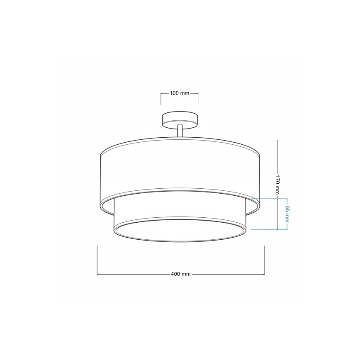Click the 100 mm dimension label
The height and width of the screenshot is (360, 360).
pos(179,93)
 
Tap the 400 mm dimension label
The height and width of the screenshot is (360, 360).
pos(180,274)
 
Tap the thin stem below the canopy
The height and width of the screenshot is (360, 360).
pos(180,131)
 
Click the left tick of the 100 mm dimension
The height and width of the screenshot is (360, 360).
pos(161,99)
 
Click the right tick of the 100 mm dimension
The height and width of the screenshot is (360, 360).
pos(198,99)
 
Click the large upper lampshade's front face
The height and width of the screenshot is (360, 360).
pos(180,170)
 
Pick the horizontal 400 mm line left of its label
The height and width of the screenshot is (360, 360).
pos(133,274)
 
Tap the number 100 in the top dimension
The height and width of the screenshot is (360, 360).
pos(174,93)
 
